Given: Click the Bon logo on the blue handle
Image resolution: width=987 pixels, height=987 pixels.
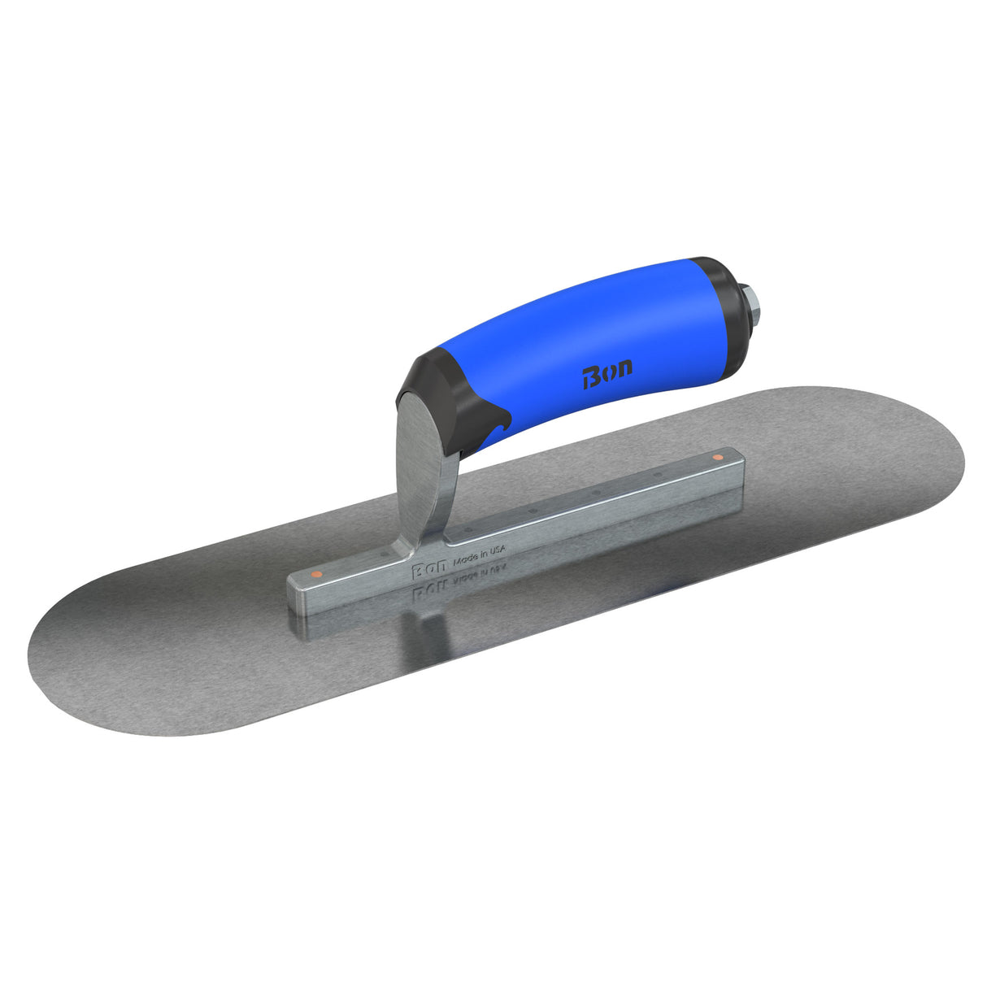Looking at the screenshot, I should (607, 376).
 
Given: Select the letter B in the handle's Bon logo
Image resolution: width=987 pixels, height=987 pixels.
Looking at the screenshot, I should (591, 377).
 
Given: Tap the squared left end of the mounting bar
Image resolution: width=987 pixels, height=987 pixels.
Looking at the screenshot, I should (297, 590).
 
